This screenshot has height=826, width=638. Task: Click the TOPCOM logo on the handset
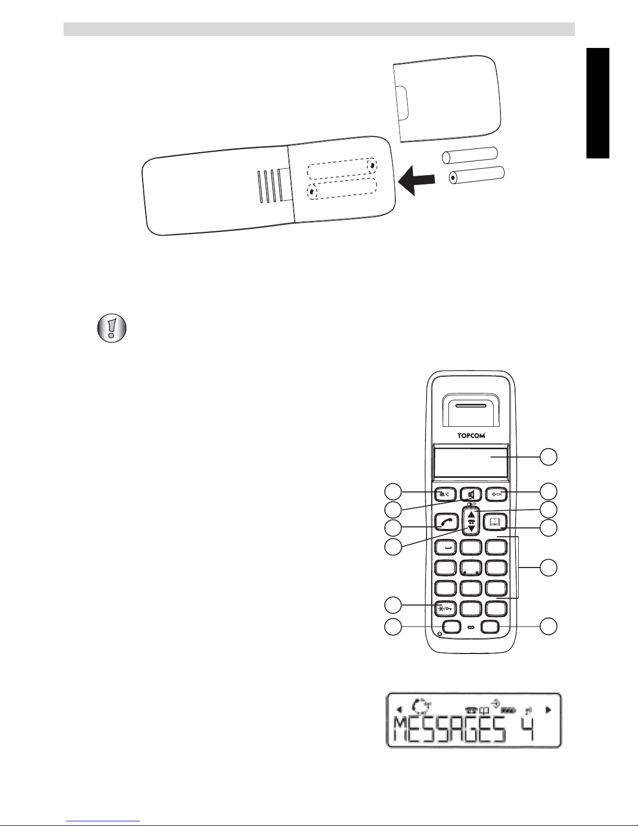click(471, 436)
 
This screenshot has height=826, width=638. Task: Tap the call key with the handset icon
click(446, 522)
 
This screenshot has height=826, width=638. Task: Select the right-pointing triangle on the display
click(548, 709)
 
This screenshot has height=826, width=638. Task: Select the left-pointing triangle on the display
click(399, 709)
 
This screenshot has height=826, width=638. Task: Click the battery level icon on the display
click(508, 710)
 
